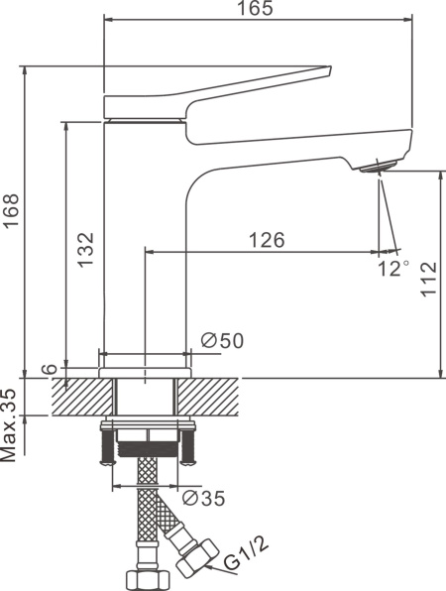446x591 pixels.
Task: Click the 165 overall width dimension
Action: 255,8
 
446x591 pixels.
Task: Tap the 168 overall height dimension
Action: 11,210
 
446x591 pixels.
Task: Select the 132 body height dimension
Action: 85,250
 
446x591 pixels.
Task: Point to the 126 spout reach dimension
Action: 267,240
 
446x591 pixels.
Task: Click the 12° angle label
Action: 392,269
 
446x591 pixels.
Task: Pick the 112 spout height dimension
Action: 429,280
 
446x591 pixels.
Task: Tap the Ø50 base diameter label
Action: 222,341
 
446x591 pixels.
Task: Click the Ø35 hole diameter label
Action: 204,498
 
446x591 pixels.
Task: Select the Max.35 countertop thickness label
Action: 9,425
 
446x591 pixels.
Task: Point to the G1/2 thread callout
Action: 247,555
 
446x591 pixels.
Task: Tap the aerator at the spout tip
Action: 379,167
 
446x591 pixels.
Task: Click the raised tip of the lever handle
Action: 328,69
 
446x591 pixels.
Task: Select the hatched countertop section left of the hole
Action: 82,397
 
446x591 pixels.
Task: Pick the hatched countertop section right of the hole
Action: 208,397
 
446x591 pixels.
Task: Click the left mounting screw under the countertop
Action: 107,447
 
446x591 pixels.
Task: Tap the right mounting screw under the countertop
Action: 187,447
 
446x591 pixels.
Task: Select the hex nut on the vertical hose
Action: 148,581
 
